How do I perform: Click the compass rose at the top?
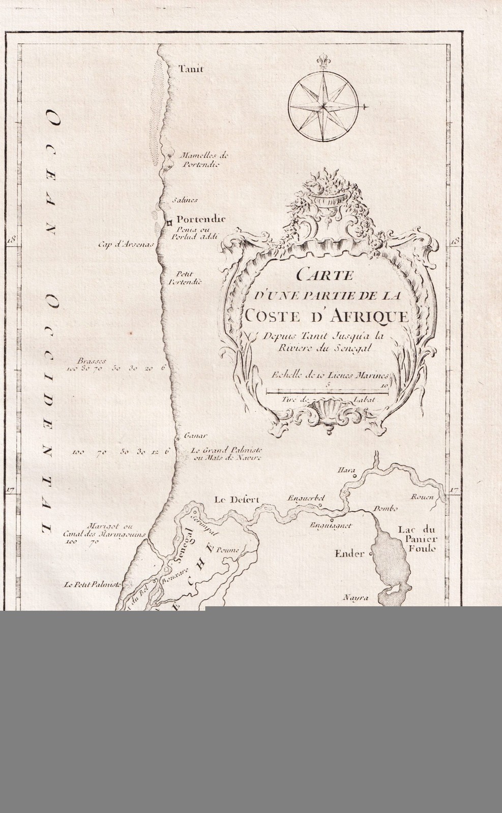[323, 106]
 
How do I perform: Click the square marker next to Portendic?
[166, 222]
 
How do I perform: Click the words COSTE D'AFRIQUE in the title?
[326, 316]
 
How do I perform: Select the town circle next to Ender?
[371, 553]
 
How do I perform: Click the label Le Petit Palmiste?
[92, 585]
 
